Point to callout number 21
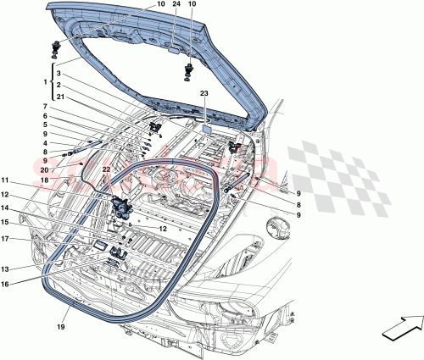[x=59, y=98]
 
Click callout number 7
[x=47, y=107]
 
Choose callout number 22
[x=106, y=170]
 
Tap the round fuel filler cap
[x=276, y=231]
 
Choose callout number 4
[x=47, y=142]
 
